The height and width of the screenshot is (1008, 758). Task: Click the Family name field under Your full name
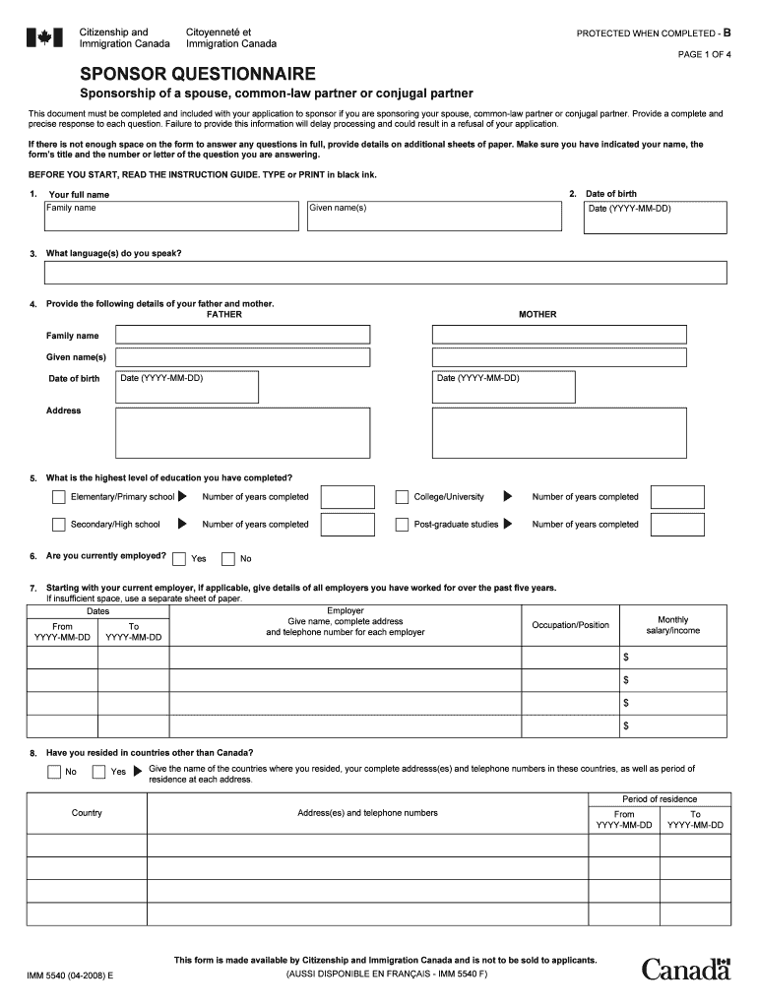[171, 217]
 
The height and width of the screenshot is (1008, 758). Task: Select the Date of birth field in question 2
[655, 218]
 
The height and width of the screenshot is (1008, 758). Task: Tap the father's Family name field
[243, 335]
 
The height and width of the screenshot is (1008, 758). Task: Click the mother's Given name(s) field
[559, 357]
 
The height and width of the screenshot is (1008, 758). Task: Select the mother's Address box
[559, 433]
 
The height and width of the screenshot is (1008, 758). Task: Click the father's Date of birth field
[187, 387]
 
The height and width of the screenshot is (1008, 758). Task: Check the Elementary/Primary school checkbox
[59, 497]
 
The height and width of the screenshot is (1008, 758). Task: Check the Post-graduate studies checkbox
[402, 525]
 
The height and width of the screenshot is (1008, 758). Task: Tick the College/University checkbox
[402, 497]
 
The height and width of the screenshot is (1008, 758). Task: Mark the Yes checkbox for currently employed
[179, 559]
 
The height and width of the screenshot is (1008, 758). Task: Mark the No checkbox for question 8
[53, 772]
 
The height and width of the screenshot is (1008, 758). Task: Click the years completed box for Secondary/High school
[347, 525]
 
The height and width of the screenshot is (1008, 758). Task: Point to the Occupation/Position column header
[570, 625]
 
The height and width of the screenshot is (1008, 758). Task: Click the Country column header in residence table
[87, 813]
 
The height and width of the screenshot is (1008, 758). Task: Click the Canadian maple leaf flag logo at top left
[44, 38]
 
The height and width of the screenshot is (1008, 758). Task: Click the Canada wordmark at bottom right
[686, 969]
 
